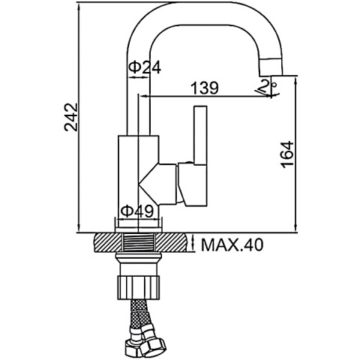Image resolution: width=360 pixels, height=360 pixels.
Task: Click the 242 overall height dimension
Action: point(71,117)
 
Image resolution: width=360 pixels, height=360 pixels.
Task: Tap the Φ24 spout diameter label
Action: point(145,67)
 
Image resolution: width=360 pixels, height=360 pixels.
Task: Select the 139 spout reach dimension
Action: point(205,88)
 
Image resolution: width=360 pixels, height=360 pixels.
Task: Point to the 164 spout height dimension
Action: point(287,154)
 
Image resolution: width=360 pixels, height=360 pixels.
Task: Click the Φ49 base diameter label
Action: point(136,211)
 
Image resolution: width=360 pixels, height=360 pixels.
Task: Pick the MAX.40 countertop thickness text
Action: point(232,245)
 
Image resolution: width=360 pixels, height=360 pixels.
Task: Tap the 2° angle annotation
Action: point(268,86)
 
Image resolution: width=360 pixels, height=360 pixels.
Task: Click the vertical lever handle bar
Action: point(200,135)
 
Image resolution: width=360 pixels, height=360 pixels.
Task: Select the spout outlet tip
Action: point(271,67)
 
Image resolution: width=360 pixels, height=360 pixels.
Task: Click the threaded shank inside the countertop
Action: point(139,241)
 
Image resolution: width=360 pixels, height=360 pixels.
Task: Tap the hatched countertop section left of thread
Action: point(108,242)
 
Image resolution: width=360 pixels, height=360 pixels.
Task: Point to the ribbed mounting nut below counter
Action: point(138,287)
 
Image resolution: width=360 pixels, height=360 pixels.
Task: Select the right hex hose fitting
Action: point(152,346)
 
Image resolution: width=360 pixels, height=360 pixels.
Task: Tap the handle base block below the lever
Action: point(193,185)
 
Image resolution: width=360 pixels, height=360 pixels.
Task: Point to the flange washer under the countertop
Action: point(138,256)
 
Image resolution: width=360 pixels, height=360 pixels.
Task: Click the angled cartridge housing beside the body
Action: point(158,184)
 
